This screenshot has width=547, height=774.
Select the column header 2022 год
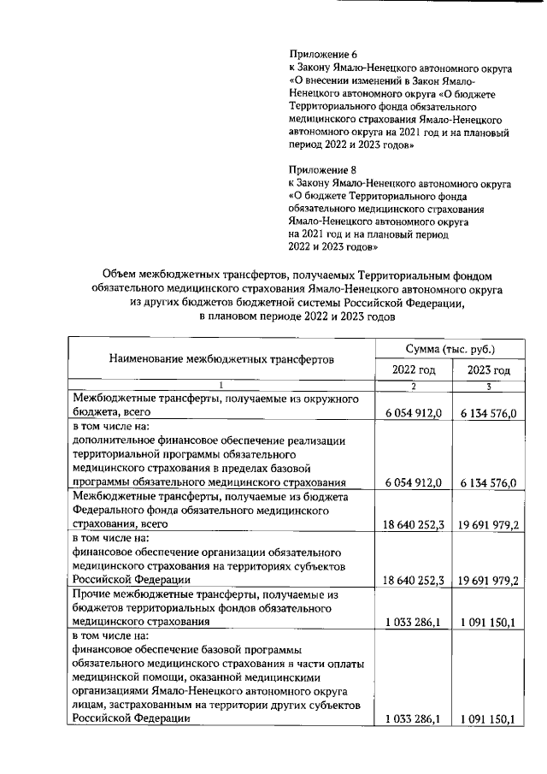tap(414, 369)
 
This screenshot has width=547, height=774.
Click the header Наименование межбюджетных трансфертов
tap(221, 359)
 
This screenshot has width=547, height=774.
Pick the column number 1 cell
tap(221, 387)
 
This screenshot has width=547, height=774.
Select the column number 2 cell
tap(414, 387)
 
